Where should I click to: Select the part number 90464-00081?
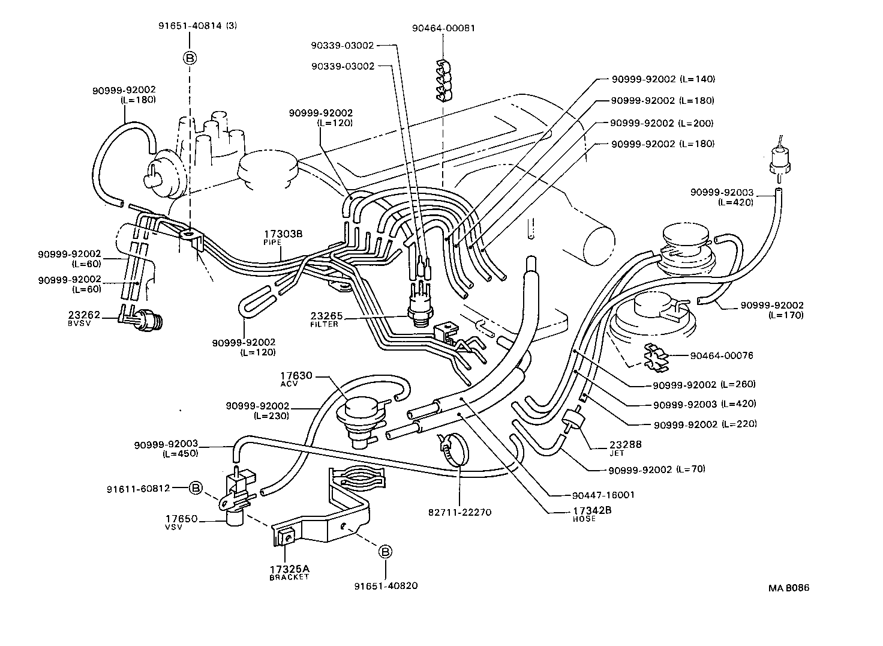(x=444, y=28)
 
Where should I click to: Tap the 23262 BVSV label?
(x=84, y=318)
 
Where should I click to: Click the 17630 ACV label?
(x=296, y=379)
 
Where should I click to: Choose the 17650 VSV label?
(x=181, y=521)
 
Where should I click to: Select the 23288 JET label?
(x=625, y=448)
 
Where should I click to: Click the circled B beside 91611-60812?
(x=196, y=488)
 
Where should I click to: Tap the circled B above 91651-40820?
(x=385, y=552)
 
